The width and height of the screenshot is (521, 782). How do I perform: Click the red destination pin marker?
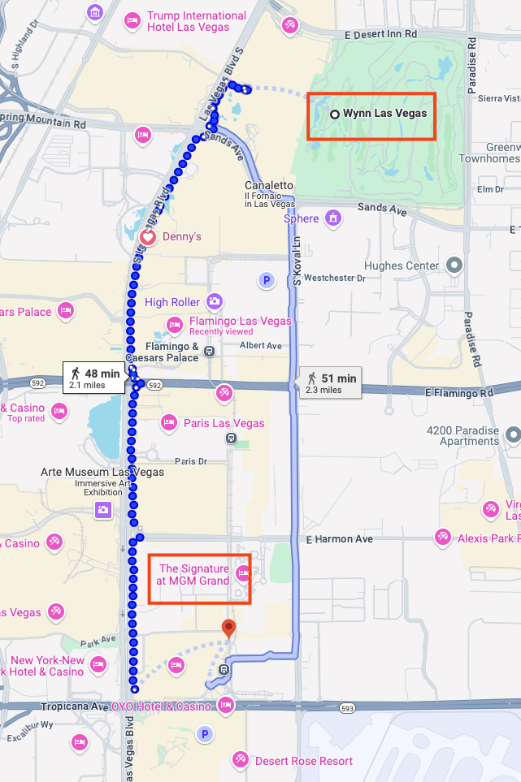[229, 627]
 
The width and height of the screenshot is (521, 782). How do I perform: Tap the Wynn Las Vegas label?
[384, 114]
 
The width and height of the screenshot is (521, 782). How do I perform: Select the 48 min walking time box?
[95, 378]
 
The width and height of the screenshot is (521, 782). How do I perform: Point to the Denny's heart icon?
[147, 237]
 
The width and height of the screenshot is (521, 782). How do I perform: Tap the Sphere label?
[301, 218]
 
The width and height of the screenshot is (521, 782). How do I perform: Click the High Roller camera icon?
[215, 302]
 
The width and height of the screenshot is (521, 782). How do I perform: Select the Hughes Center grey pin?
[455, 265]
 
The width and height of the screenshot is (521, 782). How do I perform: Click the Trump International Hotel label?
[196, 21]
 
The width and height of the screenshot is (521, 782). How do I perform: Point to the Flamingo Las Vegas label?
[240, 321]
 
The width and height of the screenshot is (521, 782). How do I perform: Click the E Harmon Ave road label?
[339, 538]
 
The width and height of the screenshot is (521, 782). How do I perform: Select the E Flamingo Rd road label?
[458, 393]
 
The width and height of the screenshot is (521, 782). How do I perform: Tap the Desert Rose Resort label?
[303, 761]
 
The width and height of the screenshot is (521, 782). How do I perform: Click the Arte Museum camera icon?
[103, 510]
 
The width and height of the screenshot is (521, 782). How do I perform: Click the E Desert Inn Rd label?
[380, 35]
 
